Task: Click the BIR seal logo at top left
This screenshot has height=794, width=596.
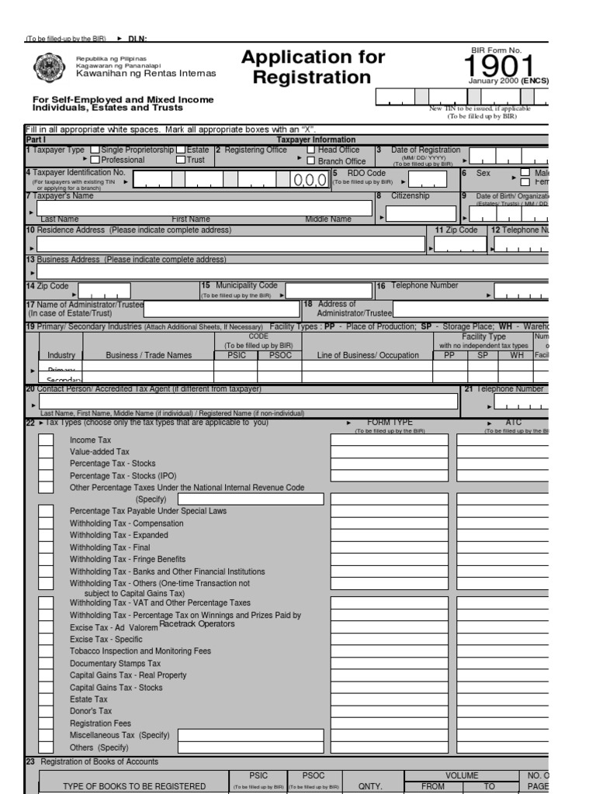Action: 51,67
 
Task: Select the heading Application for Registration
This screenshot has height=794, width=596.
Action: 313,67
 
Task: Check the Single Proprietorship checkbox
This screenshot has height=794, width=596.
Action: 95,150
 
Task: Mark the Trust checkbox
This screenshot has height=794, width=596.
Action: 181,161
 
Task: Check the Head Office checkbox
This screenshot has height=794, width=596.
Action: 310,150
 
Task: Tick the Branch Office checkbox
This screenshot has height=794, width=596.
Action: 310,161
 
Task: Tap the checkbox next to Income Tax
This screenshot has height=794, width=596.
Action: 47,440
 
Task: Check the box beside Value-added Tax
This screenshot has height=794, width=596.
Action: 47,452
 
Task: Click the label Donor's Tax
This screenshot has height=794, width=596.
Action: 91,711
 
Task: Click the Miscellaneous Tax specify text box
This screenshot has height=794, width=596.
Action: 251,735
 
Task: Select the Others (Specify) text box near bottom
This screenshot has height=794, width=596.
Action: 251,747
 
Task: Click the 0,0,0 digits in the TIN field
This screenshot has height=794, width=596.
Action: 310,181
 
